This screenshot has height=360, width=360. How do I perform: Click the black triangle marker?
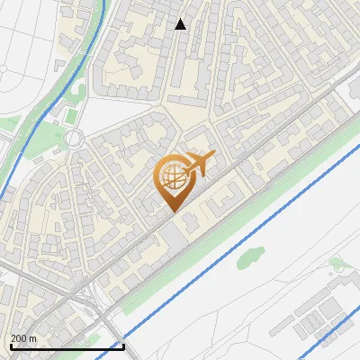click(181, 23)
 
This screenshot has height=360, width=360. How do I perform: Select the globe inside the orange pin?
click(172, 176)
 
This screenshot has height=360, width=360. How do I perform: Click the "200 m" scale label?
click(24, 338)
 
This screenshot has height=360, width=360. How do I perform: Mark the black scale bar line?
click(67, 346)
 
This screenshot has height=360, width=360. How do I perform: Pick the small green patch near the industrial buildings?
click(337, 264)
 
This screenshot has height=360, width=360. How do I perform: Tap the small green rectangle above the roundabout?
click(71, 116)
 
